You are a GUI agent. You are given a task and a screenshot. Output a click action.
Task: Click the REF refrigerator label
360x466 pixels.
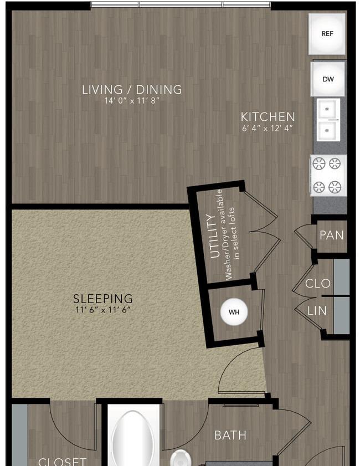coord(327,34)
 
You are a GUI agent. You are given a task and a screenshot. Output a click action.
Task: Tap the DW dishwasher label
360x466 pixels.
coord(328,79)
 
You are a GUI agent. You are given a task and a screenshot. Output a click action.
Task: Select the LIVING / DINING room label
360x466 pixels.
coord(132,89)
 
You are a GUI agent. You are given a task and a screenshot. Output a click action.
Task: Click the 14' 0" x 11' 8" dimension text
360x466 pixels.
coord(132,101)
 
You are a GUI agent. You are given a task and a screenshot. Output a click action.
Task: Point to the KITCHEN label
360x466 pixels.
coord(268,117)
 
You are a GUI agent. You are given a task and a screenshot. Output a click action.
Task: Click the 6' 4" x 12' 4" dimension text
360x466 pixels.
coord(268,129)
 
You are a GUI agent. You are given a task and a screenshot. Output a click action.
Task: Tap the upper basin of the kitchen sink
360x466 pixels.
coord(328,109)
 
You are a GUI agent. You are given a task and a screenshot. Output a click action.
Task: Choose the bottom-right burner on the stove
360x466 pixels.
coord(335,187)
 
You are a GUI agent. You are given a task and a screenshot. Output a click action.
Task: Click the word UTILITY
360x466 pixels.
coord(215,236)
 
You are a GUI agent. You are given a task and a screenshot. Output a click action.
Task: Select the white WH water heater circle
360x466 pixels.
coord(234,312)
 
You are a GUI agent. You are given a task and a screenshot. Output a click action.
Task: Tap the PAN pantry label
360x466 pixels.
coord(332,235)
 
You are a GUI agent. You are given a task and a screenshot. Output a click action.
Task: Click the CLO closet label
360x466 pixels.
coord(317,283)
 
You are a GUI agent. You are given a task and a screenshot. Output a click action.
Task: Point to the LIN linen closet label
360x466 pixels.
coord(317,311)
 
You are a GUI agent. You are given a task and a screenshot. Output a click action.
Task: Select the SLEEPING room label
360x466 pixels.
coord(103,298)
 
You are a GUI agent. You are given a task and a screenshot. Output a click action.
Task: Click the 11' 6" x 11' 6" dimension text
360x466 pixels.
coord(103,310)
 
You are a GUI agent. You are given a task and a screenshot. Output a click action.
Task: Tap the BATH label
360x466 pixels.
coord(230,436)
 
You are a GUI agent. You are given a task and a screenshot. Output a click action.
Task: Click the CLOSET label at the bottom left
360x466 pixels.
coord(63,462)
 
